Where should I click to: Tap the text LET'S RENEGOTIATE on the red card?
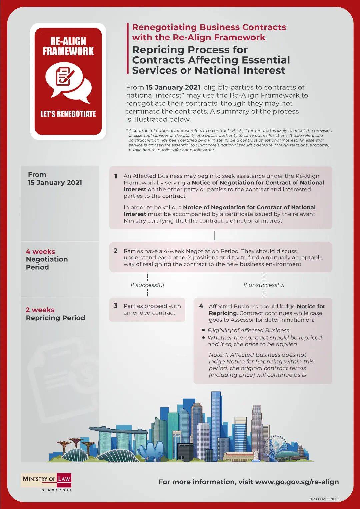click(x=68, y=114)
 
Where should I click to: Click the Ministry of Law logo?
click(x=46, y=481)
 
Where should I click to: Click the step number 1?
click(x=116, y=176)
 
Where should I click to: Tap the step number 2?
click(x=116, y=251)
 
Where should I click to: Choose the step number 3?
click(x=115, y=306)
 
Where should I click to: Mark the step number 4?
click(x=201, y=306)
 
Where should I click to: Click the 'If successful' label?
click(x=147, y=285)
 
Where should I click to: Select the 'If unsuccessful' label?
click(x=264, y=285)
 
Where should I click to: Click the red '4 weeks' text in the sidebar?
click(x=40, y=252)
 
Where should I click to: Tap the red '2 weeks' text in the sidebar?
click(x=40, y=310)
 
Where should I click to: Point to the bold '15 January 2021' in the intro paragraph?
click(x=173, y=87)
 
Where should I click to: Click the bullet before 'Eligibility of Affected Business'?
click(x=204, y=330)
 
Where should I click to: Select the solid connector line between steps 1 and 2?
click(x=215, y=236)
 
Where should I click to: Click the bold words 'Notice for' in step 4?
click(x=311, y=306)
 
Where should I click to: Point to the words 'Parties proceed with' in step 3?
click(x=152, y=306)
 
